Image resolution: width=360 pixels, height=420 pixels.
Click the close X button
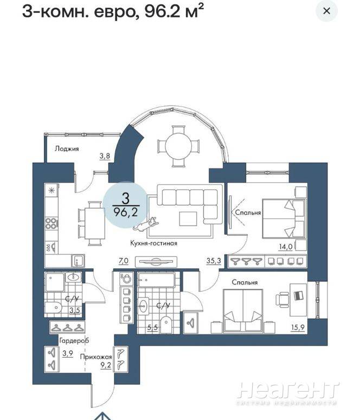pyautogui.click(x=326, y=11)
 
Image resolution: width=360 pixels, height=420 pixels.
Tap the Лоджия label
pyautogui.click(x=67, y=148)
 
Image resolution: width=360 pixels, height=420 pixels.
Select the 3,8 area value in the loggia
pyautogui.click(x=105, y=156)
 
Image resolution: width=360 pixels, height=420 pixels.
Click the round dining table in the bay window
pyautogui.click(x=178, y=146)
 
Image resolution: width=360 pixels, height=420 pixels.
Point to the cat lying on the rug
pyautogui.click(x=146, y=224)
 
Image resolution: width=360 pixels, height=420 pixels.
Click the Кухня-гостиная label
pyautogui.click(x=153, y=243)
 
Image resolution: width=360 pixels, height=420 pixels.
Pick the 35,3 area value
pyautogui.click(x=214, y=260)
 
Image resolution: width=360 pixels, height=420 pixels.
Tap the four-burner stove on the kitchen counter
pyautogui.click(x=51, y=223)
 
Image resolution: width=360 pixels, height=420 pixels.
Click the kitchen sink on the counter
pyautogui.click(x=78, y=261)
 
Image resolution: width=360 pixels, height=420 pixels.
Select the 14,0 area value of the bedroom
pyautogui.click(x=286, y=247)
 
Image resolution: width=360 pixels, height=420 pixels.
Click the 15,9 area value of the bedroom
pyautogui.click(x=298, y=327)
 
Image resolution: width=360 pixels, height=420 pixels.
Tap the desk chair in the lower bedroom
pyautogui.click(x=282, y=300)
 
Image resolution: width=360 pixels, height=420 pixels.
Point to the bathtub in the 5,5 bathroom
pyautogui.click(x=156, y=280)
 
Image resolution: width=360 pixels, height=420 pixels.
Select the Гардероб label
pyautogui.click(x=74, y=341)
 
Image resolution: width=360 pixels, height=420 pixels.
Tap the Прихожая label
pyautogui.click(x=96, y=357)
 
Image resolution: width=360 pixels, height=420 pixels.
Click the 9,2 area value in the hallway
pyautogui.click(x=106, y=365)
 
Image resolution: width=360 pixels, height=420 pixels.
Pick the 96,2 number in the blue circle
pyautogui.click(x=126, y=212)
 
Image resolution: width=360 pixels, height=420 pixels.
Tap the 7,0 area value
pyautogui.click(x=124, y=260)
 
